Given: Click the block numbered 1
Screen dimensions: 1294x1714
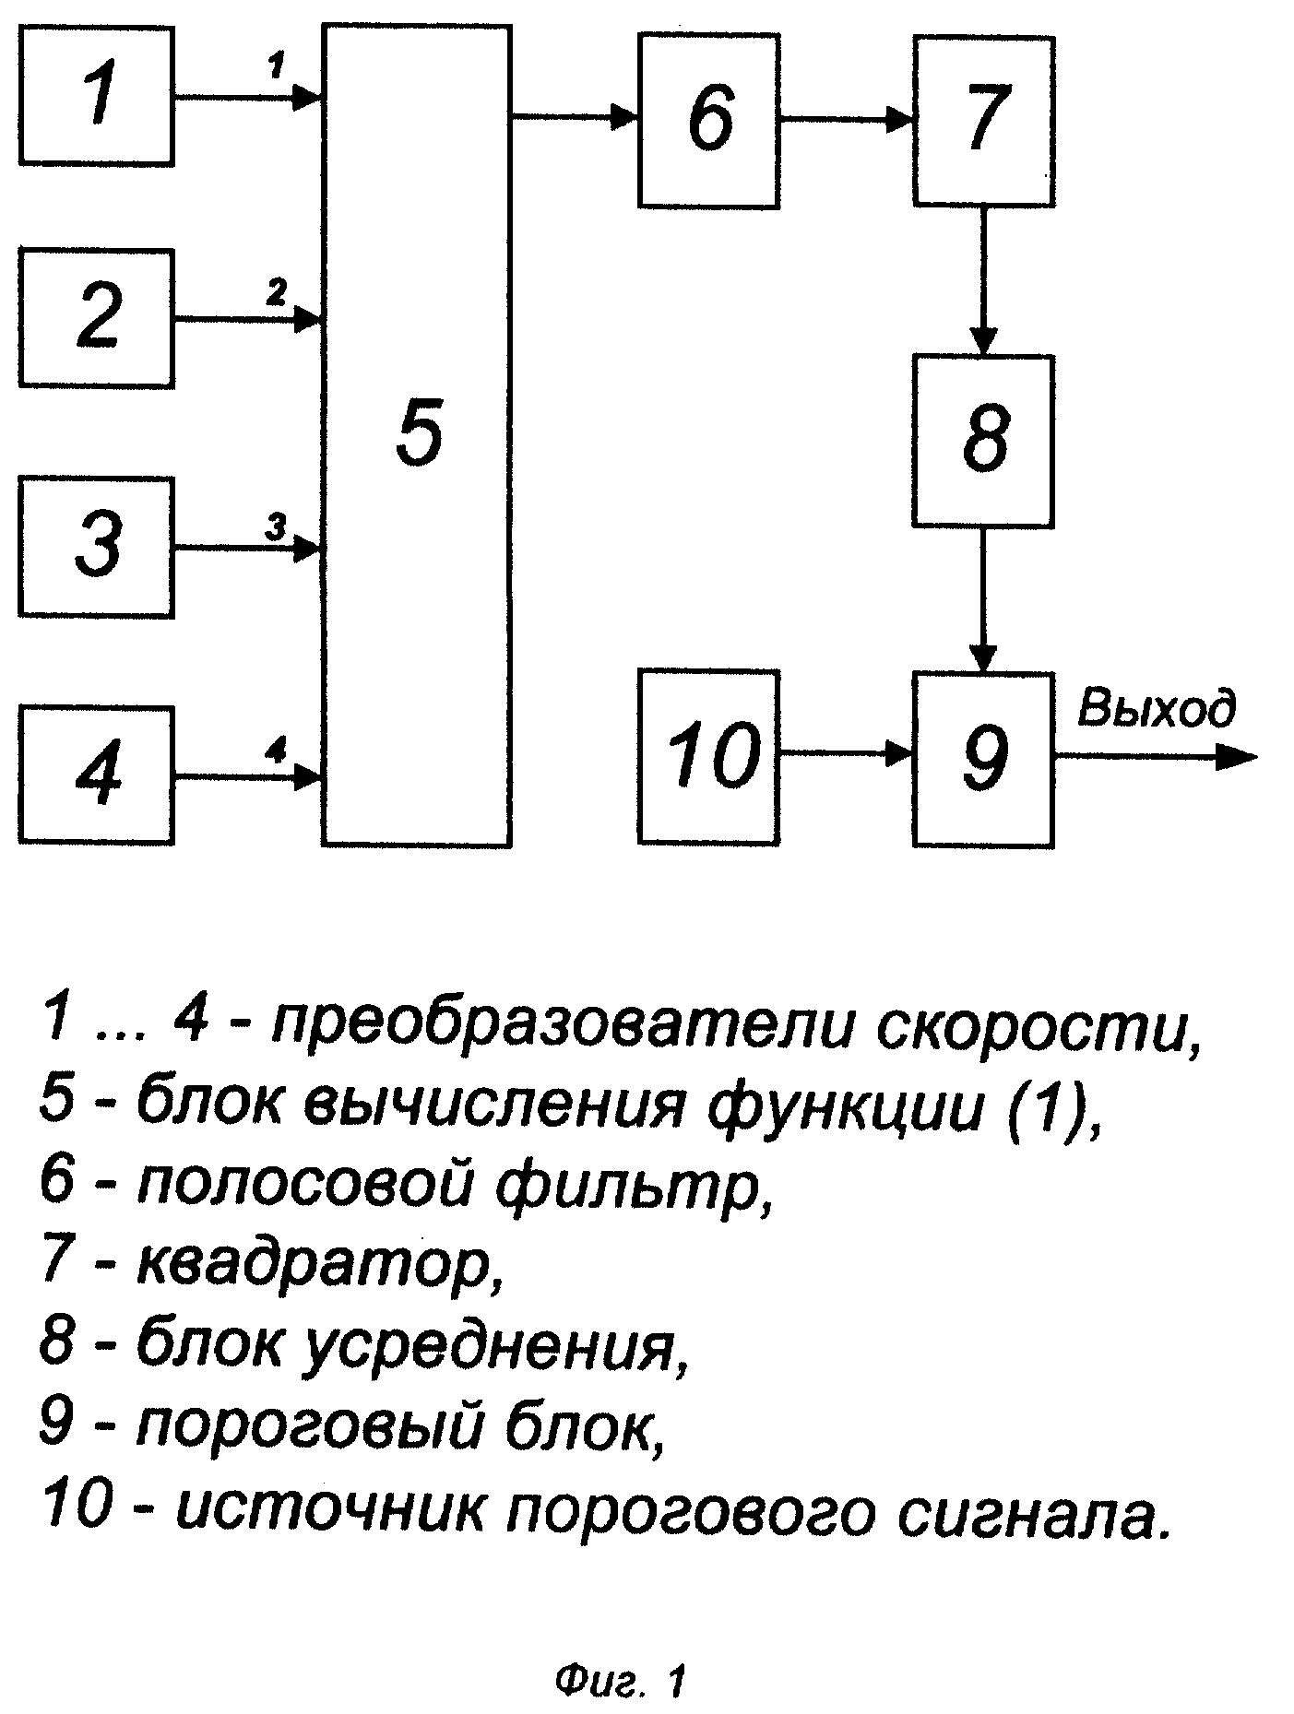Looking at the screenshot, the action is point(96,96).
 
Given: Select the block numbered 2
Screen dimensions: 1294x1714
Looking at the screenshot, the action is point(96,317).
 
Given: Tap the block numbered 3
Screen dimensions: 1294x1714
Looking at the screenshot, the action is point(96,547).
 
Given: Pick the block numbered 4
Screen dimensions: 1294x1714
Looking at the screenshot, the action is point(96,774).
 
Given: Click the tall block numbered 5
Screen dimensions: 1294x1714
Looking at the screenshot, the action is point(417,435).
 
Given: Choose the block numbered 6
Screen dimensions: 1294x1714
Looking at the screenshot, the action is point(707,120).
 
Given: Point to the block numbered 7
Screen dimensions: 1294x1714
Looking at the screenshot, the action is point(984,120).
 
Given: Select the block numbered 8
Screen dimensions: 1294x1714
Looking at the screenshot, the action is point(984,441).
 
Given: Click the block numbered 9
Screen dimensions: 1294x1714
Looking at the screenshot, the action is point(984,758).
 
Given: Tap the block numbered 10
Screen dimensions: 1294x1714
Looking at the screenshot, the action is point(707,758).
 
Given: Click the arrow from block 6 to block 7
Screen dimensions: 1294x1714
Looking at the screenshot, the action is point(846,119).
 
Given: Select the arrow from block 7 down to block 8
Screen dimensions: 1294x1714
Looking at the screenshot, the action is point(983,280).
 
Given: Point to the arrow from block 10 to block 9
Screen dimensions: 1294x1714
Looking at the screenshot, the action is point(846,754).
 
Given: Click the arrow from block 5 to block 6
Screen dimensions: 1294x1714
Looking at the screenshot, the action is point(575,116).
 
